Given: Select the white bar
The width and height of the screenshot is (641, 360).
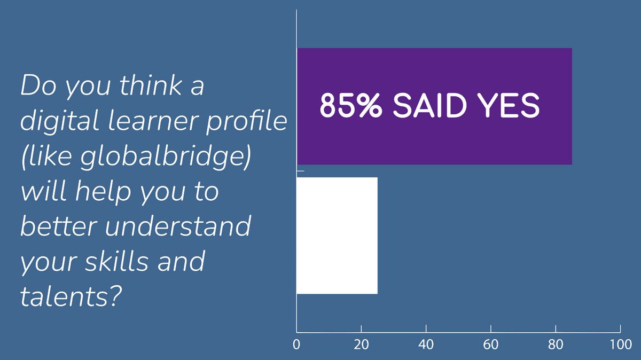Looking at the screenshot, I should (x=337, y=236).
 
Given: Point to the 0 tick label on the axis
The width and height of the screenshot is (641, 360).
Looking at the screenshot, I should (x=296, y=345).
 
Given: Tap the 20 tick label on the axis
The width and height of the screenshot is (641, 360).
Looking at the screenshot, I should (x=362, y=345).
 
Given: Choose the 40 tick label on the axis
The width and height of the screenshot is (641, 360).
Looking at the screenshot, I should (x=426, y=345).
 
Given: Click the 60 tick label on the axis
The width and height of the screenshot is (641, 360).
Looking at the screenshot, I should (x=491, y=345).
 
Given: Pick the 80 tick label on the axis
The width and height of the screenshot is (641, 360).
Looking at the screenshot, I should (x=556, y=345).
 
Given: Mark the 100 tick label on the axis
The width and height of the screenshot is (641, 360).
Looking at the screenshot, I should (x=620, y=345).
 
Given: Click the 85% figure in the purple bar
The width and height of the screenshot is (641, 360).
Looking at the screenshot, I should (x=350, y=106).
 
